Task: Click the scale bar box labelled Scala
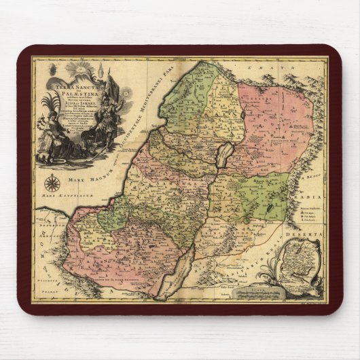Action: point(257,291)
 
